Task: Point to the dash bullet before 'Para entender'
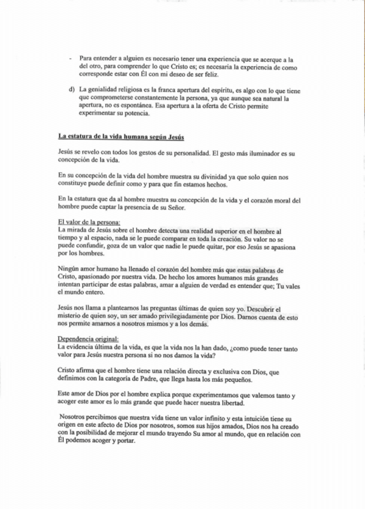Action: (x=71, y=59)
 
